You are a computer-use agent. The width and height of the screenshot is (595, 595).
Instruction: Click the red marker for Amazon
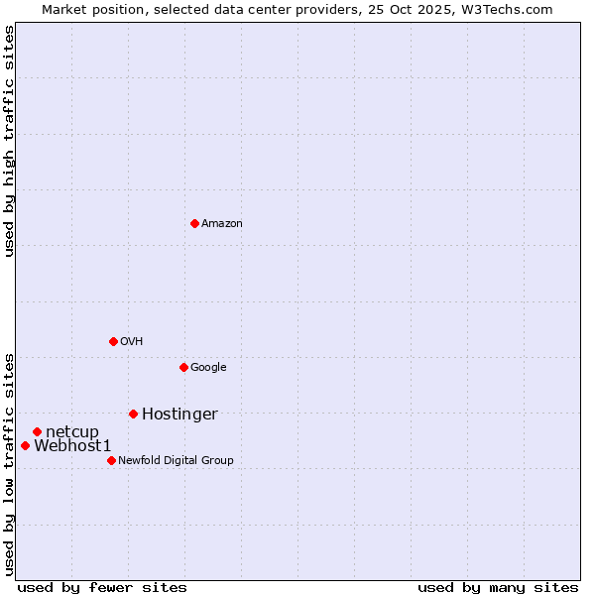point(194,223)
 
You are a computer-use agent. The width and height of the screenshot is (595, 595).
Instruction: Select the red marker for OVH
point(113,341)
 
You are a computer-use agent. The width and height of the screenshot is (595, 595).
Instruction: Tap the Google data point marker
point(183,367)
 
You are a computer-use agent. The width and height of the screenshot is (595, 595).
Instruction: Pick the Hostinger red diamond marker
point(133,414)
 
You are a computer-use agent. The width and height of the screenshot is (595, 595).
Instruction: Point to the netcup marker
point(37,431)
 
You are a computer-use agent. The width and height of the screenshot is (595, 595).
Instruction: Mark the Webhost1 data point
point(25,445)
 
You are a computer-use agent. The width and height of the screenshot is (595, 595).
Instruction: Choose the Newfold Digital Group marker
point(111,460)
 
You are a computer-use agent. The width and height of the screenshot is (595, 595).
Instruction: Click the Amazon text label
point(222,224)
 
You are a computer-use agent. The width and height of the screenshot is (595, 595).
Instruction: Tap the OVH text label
point(132,342)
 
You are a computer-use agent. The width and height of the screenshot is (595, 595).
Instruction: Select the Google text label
point(208,368)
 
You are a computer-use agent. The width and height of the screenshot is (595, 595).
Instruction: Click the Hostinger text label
point(179,415)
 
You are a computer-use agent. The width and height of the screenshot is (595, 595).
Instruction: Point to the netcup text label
point(72,432)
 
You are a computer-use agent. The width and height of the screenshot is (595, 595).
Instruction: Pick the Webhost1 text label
point(72,446)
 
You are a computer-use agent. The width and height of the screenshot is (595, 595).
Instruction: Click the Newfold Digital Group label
point(176,461)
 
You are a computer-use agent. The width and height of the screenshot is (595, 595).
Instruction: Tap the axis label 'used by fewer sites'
point(102,587)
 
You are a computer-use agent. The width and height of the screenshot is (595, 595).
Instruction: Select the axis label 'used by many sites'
point(498,587)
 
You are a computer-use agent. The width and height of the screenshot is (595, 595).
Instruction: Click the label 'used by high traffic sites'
point(10,141)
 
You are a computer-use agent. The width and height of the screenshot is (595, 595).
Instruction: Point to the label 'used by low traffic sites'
point(10,463)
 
